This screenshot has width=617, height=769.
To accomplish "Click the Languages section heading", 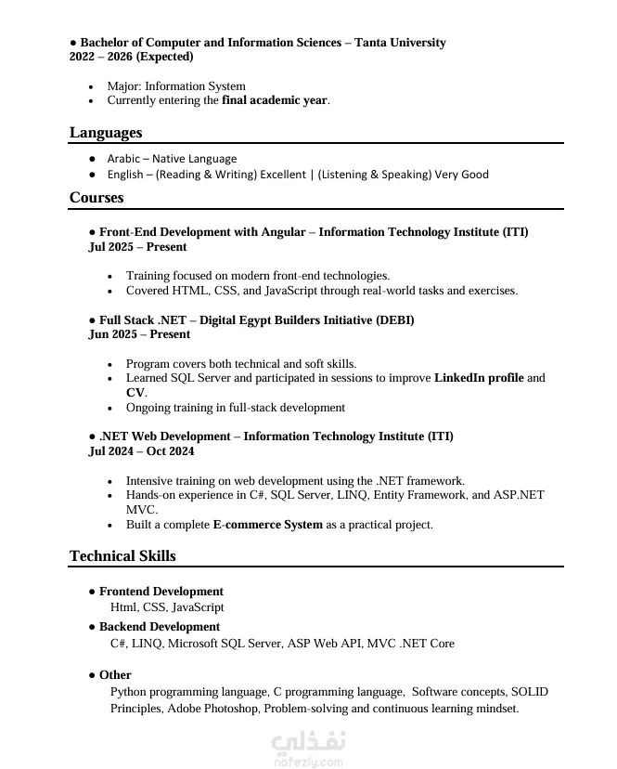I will (x=106, y=133).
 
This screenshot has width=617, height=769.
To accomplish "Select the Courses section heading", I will (x=96, y=198).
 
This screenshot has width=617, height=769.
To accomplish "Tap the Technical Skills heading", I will (x=122, y=556).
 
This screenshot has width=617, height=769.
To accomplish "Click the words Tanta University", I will (x=400, y=43).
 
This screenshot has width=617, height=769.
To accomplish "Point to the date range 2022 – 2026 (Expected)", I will (x=132, y=57).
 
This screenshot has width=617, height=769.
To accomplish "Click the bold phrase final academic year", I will (x=275, y=100).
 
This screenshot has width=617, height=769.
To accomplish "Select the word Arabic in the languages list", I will (x=123, y=159).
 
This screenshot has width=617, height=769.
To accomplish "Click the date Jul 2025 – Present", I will (x=137, y=247).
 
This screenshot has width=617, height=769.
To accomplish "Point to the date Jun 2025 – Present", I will (x=139, y=334).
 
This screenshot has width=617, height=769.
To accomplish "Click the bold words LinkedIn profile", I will (x=479, y=378).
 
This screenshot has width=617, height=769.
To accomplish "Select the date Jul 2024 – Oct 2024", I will (x=141, y=451).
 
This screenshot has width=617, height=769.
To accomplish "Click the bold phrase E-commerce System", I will (x=267, y=525).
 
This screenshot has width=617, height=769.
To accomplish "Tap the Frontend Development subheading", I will (x=161, y=592).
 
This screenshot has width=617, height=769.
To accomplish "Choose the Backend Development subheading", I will (x=159, y=627).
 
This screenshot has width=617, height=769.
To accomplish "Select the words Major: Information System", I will (x=176, y=86).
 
